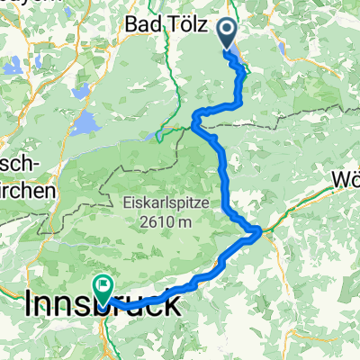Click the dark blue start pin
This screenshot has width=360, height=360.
click(x=225, y=34)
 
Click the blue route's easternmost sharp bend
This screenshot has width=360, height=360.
click(x=259, y=231)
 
